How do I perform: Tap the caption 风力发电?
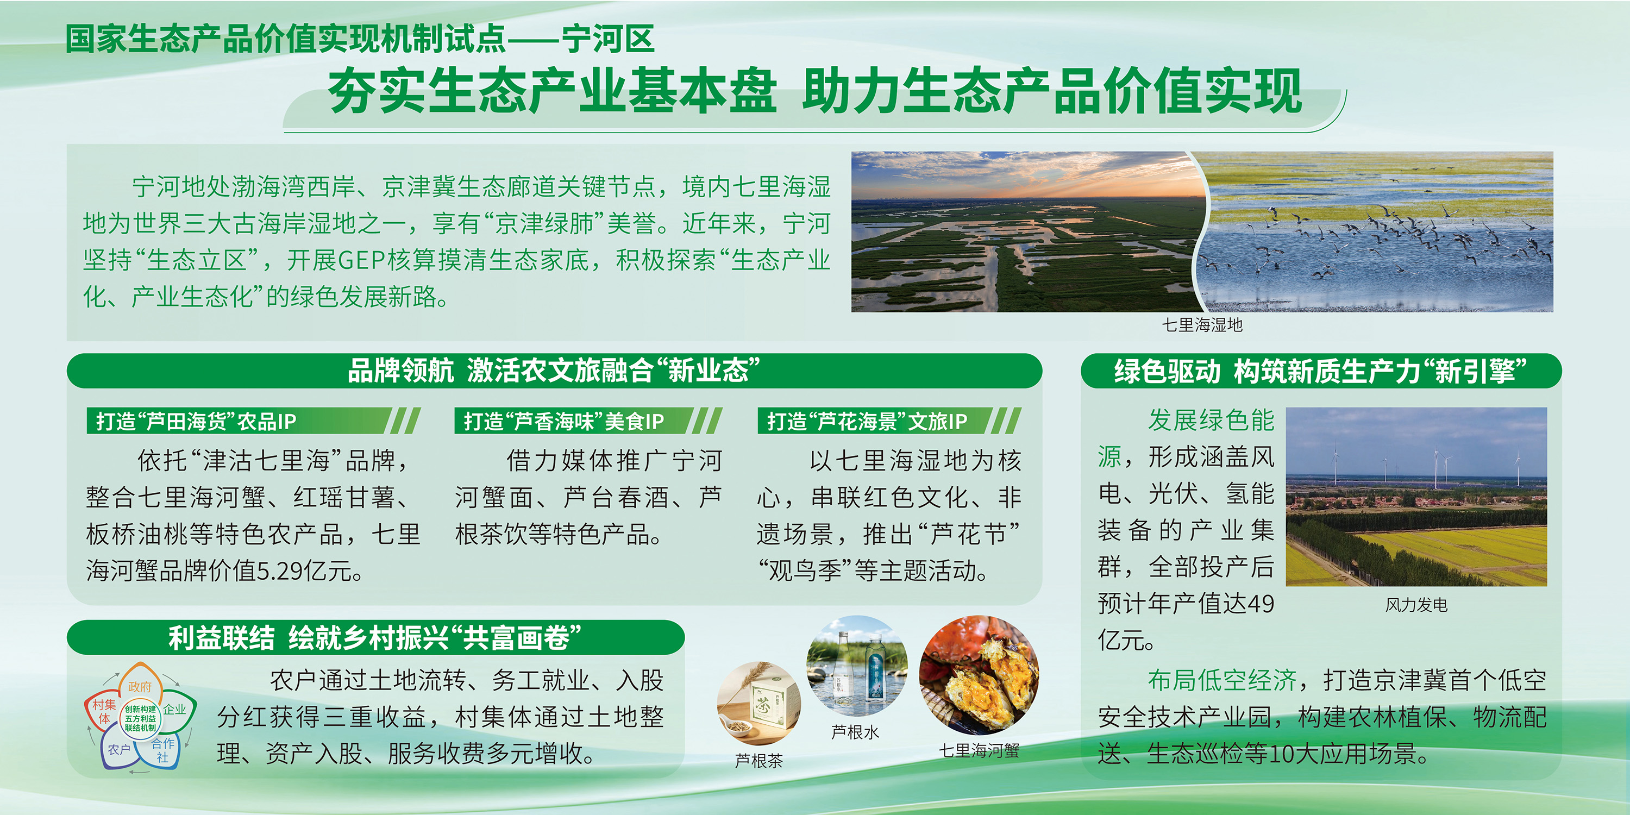click(1416, 605)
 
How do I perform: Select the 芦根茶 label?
click(758, 761)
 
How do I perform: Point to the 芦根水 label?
click(855, 732)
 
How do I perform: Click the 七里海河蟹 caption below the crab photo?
click(979, 751)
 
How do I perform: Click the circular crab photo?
click(979, 675)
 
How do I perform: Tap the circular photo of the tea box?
click(758, 704)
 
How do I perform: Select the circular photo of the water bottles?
click(857, 666)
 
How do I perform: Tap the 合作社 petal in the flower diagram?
click(162, 750)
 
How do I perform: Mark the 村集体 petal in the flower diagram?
click(104, 711)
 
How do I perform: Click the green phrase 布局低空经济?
click(1222, 680)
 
